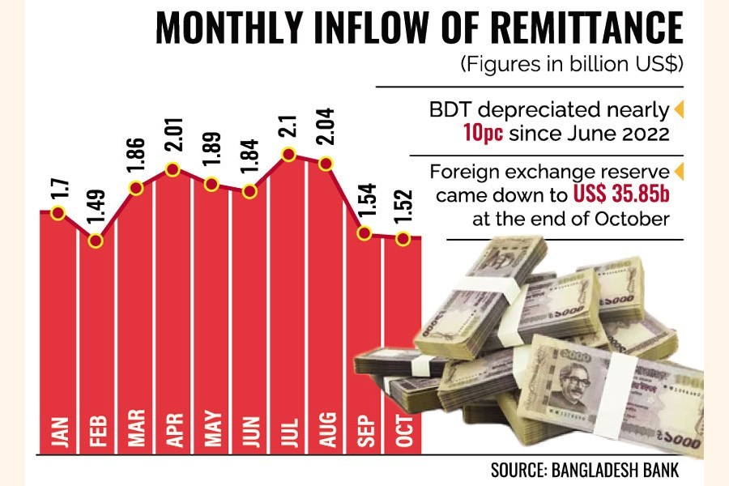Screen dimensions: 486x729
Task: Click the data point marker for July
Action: (288, 154)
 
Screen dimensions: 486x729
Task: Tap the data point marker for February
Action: (96, 240)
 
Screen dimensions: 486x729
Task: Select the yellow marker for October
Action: (403, 237)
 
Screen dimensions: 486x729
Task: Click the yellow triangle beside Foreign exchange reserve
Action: (679, 172)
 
